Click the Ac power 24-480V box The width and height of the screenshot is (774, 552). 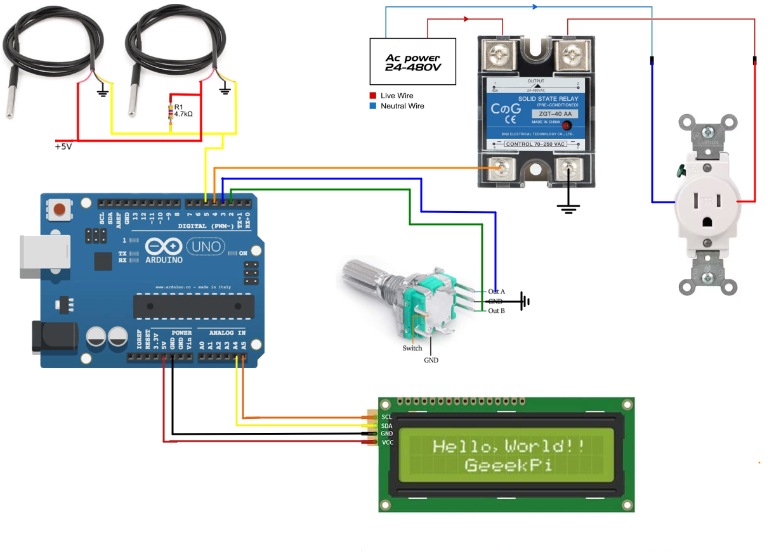pos(413,61)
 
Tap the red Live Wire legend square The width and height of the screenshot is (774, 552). pos(372,96)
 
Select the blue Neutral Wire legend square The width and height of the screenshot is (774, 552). pos(372,106)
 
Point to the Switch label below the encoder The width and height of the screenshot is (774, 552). pos(412,348)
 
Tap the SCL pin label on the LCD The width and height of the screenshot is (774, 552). pos(386,416)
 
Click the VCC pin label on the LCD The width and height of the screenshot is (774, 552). pos(387,442)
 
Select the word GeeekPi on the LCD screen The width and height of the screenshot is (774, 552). pos(508,466)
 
